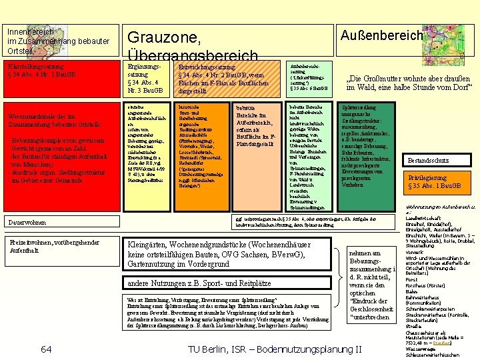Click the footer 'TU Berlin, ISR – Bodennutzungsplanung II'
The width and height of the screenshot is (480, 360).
click(275, 349)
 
